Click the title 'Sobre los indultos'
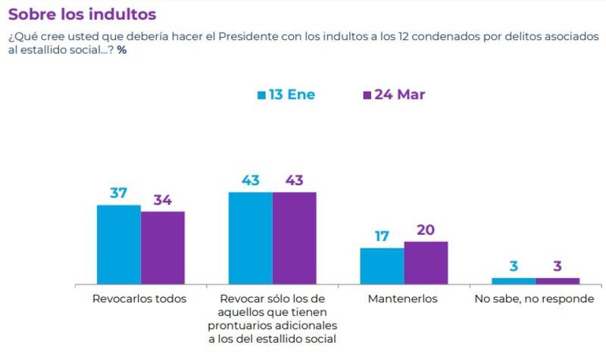pos(82,14)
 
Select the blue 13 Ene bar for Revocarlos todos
pos(119,244)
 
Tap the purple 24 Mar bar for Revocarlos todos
pos(163,247)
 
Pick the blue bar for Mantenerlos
pos(382,265)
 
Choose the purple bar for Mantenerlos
pos(426,262)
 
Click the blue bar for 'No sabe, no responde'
pos(514,280)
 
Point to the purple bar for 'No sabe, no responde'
pos(558,280)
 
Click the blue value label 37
pos(119,193)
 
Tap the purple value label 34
pos(162,200)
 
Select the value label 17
pos(382,236)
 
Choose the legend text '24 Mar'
pos(400,95)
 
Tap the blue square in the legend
pos(261,95)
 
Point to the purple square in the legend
pos(367,95)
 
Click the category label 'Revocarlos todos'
pos(139,299)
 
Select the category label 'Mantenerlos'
pos(403,299)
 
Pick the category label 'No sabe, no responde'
pos(535,299)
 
